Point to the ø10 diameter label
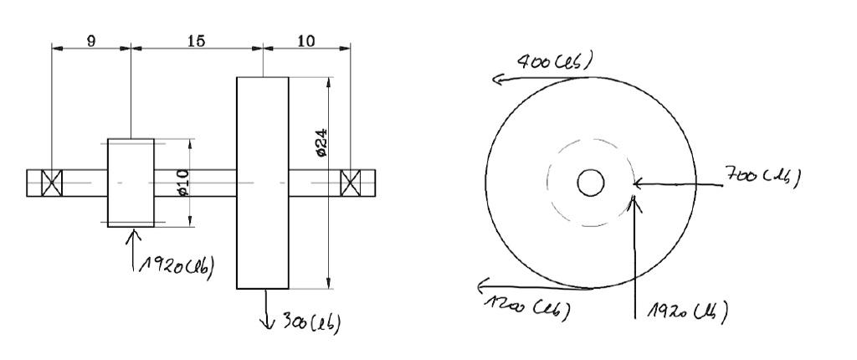[182, 182]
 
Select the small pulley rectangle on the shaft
[131, 182]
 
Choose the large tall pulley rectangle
[263, 183]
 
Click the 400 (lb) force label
[555, 62]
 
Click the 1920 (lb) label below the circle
[684, 311]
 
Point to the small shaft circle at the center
[591, 182]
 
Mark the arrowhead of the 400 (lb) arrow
[495, 80]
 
